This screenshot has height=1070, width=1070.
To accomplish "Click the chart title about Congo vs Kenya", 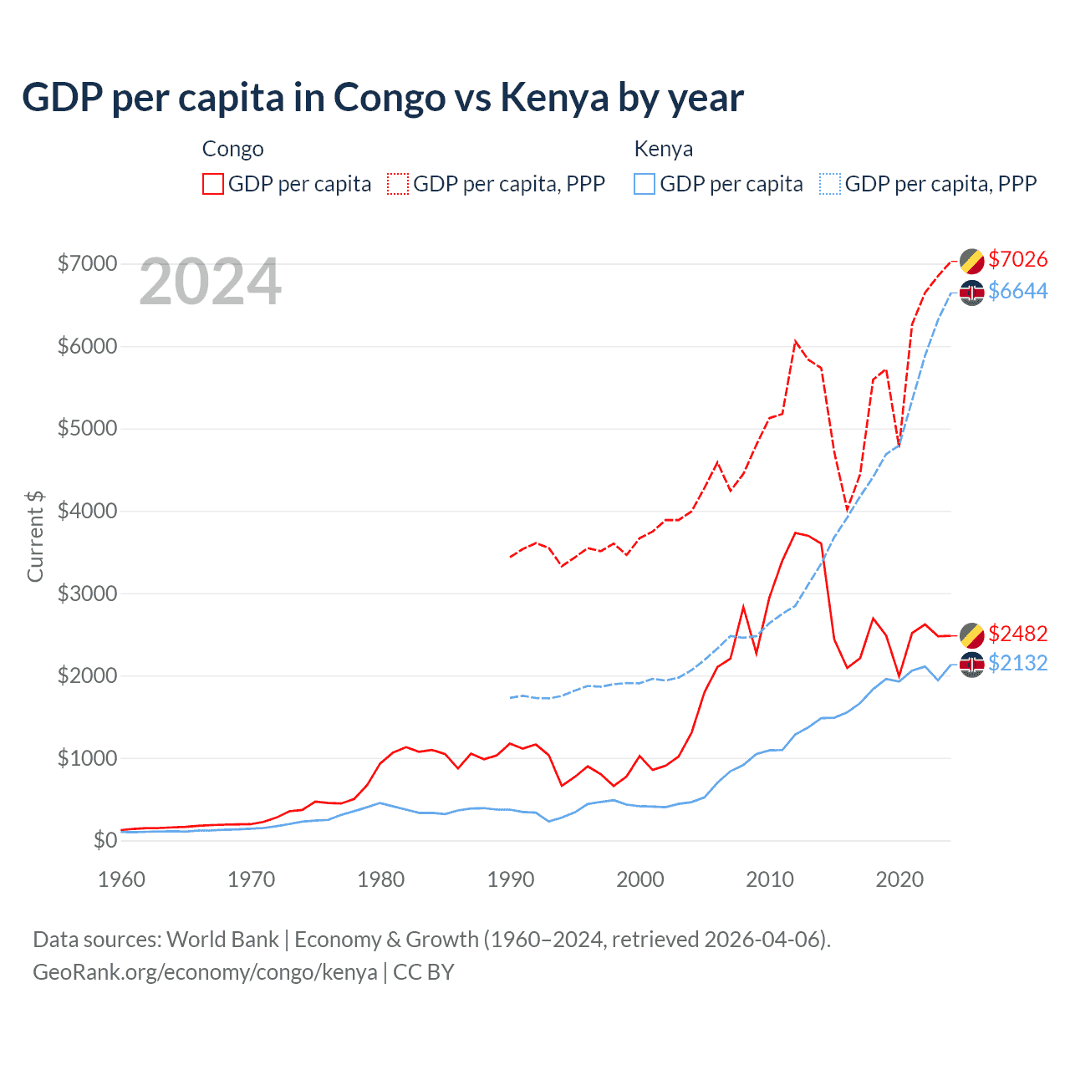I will click(382, 98).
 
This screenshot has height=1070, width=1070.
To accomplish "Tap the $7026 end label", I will click(1017, 259).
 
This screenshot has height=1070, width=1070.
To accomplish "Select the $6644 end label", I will click(1017, 291).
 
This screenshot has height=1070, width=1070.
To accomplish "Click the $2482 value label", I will click(1017, 634).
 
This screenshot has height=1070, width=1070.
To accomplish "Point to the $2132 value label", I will click(1017, 663).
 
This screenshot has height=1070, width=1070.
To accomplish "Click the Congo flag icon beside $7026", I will click(971, 261).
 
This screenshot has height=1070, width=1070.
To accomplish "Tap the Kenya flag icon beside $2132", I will click(971, 665).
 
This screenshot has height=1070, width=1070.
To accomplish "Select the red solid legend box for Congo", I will click(213, 184).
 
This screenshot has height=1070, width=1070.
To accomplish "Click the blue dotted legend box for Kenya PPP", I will click(830, 184).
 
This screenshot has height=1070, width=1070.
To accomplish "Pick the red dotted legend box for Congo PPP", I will click(399, 184).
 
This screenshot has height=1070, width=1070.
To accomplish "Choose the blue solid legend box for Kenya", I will click(645, 184).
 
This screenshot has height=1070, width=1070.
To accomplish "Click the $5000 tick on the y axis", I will click(87, 429).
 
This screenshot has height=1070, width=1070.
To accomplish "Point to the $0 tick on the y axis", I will click(104, 840).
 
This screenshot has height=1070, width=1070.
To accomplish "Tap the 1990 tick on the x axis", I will click(510, 879).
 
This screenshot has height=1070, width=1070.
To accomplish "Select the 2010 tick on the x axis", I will click(769, 879).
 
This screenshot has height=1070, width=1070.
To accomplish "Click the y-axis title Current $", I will click(35, 537).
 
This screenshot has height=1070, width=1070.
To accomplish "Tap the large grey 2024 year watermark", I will click(210, 283).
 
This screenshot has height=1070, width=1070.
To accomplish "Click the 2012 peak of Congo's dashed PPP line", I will click(795, 341).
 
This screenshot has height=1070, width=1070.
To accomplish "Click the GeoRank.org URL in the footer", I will click(205, 972).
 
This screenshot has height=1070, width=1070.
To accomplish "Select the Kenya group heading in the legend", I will click(663, 149).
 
